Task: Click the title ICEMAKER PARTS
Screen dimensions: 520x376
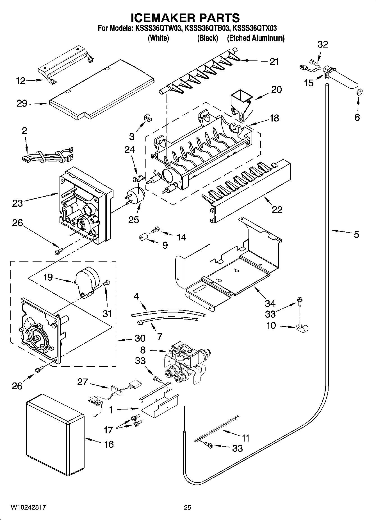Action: pos(185,18)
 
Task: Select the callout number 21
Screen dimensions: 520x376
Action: pos(274,62)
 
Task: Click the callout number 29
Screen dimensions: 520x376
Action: pos(22,103)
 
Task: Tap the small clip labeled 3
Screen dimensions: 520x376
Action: pos(147,118)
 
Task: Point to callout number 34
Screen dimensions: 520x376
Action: pos(270,303)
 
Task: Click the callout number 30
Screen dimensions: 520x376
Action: pos(140,338)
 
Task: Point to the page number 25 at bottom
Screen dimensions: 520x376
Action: pos(187,508)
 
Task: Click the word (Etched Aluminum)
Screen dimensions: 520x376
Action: pos(256,38)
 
